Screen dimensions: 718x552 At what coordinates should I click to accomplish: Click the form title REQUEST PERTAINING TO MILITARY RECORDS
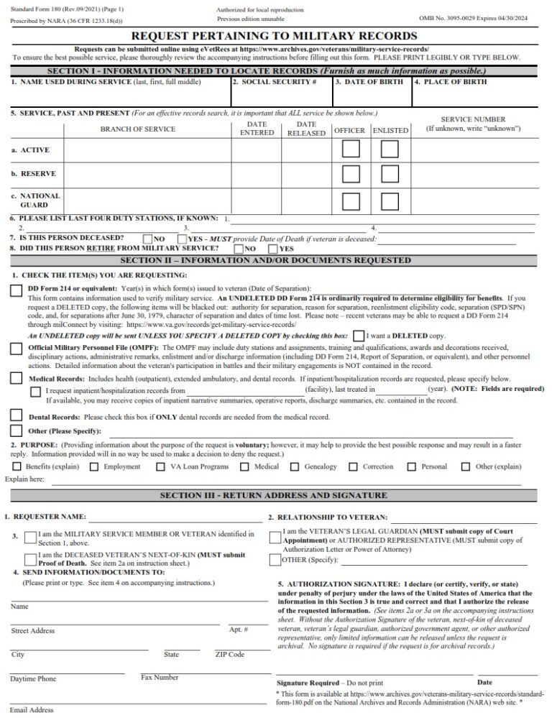tap(274, 35)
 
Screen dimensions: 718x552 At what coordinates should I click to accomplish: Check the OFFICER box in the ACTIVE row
tap(351, 149)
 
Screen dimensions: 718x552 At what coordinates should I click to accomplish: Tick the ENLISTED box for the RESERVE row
tap(389, 175)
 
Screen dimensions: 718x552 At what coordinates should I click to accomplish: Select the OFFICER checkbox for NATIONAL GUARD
tap(351, 201)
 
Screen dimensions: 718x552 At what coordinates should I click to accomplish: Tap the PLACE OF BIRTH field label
tap(450, 82)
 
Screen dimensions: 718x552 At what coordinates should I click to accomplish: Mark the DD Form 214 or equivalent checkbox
tap(16, 290)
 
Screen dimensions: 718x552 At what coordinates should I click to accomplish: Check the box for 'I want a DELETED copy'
tap(359, 336)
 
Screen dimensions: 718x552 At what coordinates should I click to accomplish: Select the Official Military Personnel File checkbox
tap(16, 349)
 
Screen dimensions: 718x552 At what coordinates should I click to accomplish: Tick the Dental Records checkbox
tap(16, 415)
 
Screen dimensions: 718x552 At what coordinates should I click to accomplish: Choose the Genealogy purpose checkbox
tap(294, 466)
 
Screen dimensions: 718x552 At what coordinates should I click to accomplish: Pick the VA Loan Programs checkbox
tap(160, 466)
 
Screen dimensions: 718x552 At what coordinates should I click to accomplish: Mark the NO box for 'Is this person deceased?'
tap(147, 239)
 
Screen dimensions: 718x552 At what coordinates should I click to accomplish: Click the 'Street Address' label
tap(32, 630)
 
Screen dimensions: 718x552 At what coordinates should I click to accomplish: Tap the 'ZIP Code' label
tap(230, 654)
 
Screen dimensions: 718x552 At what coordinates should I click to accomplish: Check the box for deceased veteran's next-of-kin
tap(30, 559)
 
